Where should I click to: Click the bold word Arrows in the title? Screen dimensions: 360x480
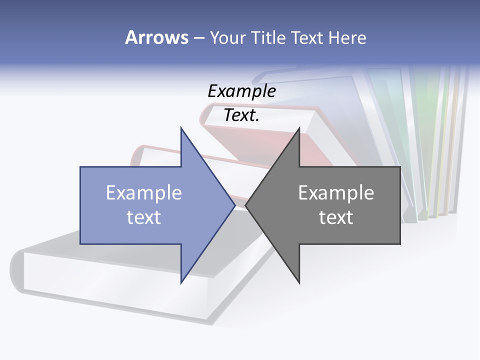156,37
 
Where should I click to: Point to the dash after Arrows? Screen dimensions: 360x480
198,38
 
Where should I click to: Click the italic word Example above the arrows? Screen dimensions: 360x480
241,91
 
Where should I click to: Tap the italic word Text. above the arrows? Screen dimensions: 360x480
241,115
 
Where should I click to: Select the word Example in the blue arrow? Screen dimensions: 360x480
144,193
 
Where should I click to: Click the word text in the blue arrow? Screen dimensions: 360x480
144,217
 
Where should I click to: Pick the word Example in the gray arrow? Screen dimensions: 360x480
336,193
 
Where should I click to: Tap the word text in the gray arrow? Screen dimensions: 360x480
336,217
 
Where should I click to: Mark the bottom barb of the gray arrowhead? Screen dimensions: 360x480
298,281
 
